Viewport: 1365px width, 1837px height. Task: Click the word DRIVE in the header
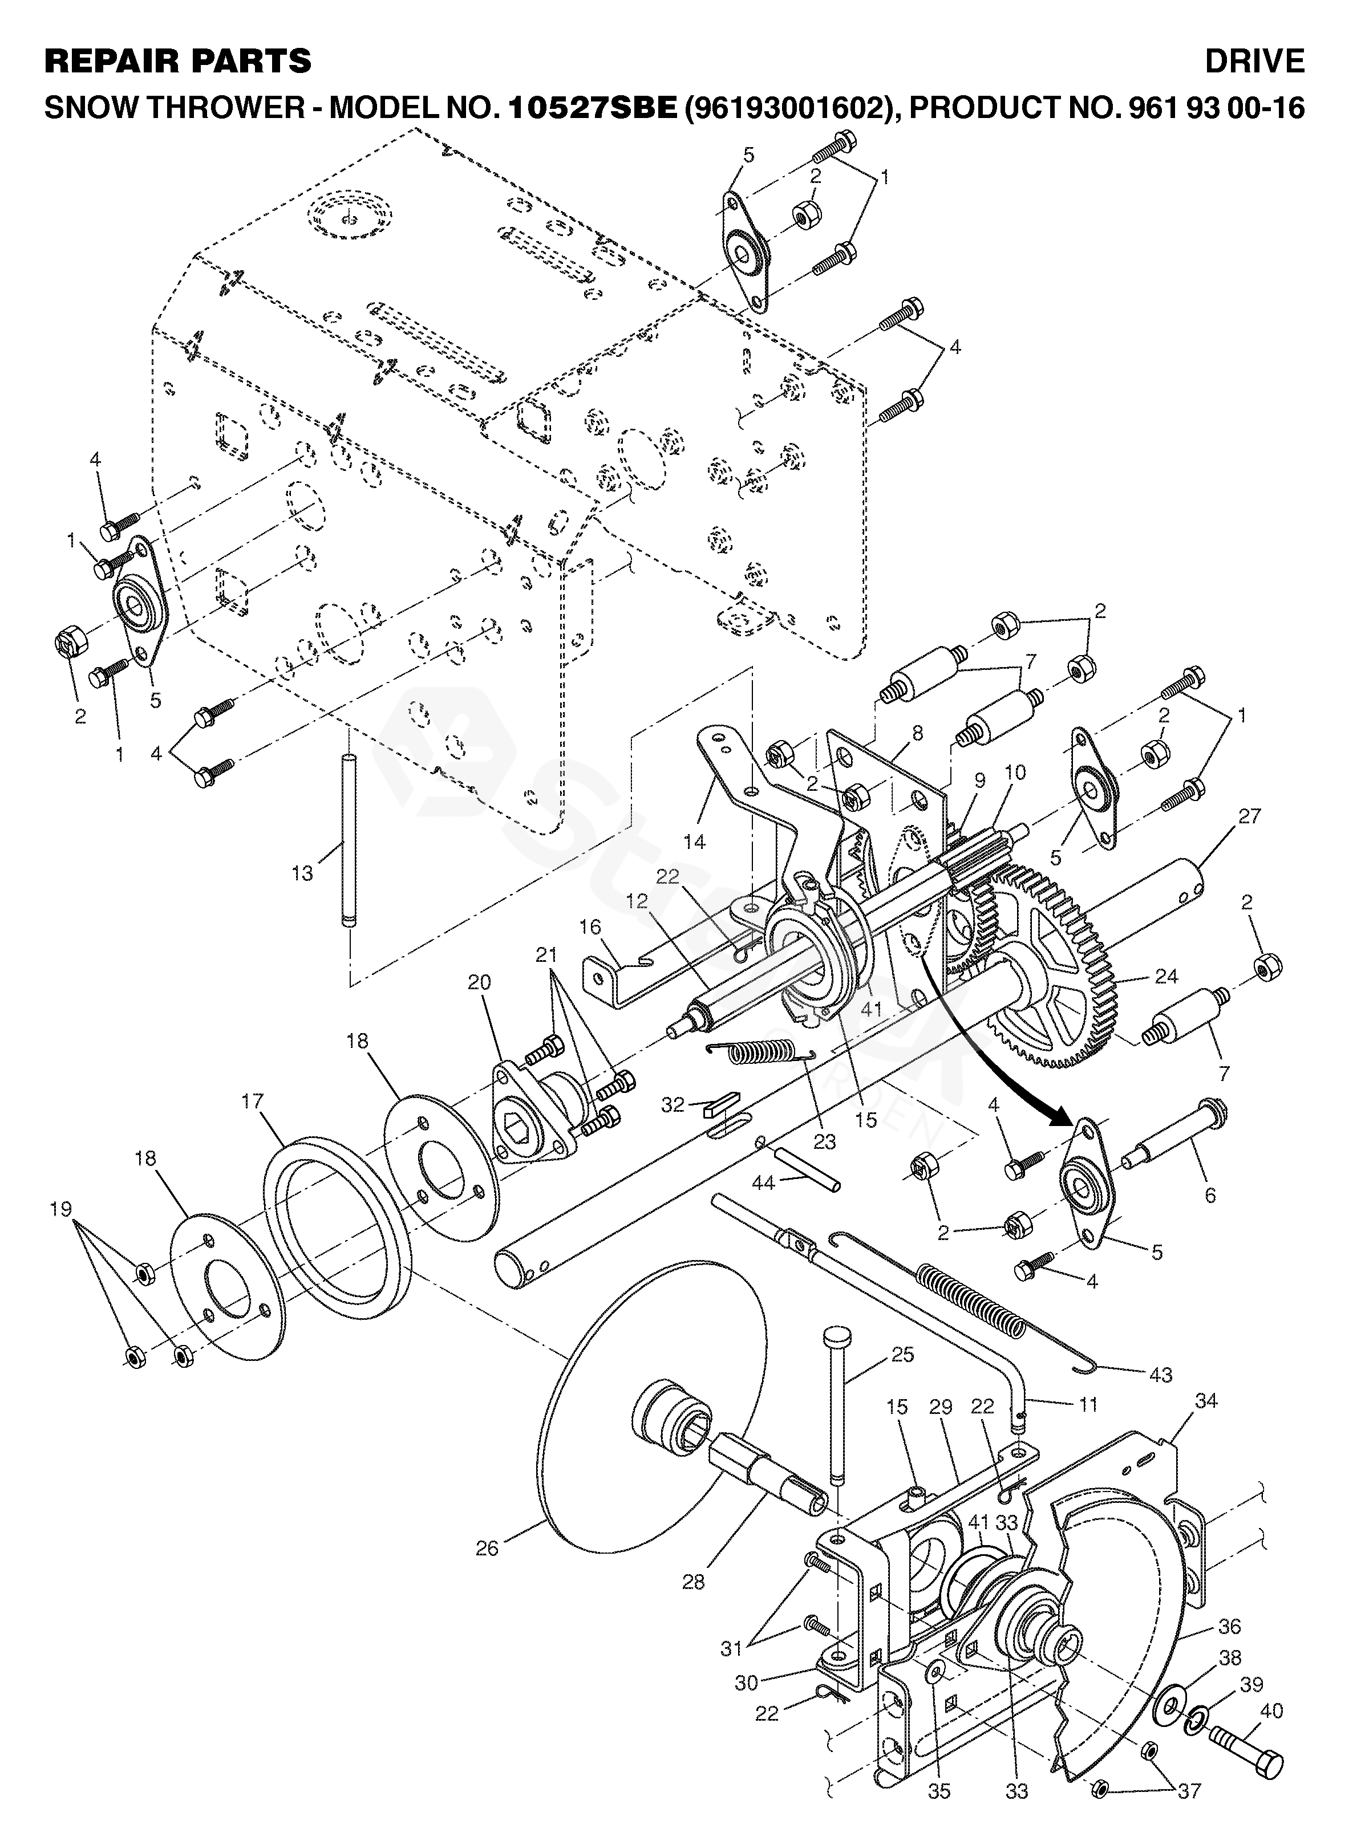click(x=1254, y=61)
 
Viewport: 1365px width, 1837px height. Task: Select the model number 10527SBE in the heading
click(x=593, y=108)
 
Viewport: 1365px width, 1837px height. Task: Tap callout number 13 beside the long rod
click(x=302, y=873)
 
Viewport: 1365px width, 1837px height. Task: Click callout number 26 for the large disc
click(x=488, y=1548)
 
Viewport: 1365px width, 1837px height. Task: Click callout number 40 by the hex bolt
click(x=1273, y=1688)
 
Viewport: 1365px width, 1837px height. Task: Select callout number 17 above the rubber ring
click(x=253, y=1101)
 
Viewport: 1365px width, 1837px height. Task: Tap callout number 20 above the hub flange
click(x=479, y=982)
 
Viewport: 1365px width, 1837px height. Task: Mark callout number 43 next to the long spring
click(x=1161, y=1375)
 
